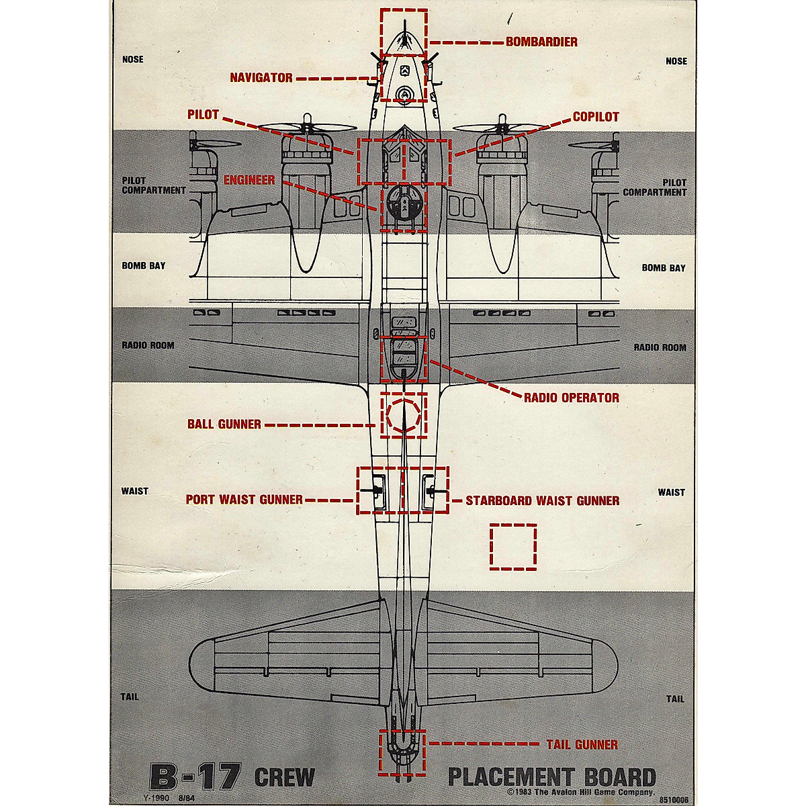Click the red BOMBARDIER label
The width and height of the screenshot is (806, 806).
point(541,42)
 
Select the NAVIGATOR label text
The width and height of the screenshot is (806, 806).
point(261,78)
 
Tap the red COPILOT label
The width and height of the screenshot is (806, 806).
point(596,117)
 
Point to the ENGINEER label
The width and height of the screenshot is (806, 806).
point(249,180)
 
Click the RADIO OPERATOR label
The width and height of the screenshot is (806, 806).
point(572,398)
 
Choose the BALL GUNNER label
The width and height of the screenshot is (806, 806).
point(224,424)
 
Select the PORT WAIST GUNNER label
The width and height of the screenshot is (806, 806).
point(244,500)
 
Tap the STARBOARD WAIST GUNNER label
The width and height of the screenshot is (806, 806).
point(542,500)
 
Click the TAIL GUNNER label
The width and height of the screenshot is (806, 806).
point(582,744)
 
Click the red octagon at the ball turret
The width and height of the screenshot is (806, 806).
point(403,416)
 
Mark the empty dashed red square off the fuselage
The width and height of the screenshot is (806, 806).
point(513,547)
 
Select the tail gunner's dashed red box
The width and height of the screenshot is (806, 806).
point(402,752)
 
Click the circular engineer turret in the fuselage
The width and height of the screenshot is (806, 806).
point(403,206)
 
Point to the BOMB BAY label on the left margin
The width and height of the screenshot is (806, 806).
point(143,266)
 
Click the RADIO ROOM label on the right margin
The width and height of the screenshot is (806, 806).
point(660,348)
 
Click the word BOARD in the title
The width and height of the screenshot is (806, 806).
point(611,777)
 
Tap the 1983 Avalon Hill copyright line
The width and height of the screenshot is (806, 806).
point(581,793)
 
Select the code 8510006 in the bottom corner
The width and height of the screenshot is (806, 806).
point(674,800)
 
